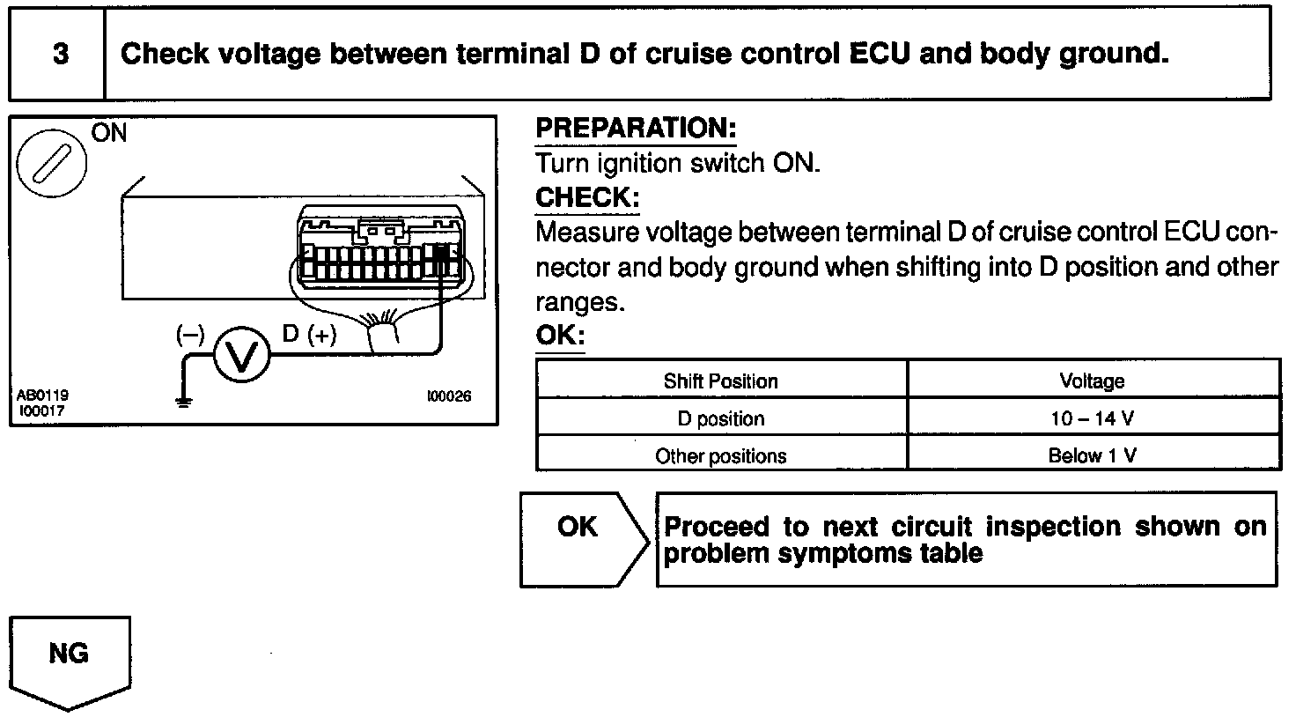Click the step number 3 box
click(x=58, y=55)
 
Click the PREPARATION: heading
click(x=636, y=129)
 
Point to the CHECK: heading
click(x=587, y=197)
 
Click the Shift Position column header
click(x=721, y=381)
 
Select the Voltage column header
click(x=1092, y=381)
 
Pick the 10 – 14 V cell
click(x=1092, y=418)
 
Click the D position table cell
click(x=721, y=418)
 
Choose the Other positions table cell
click(x=721, y=455)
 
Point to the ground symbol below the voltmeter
click(x=183, y=403)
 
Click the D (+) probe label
click(x=309, y=335)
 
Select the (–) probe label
click(x=190, y=335)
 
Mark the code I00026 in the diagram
click(x=449, y=396)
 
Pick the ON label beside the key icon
click(x=108, y=133)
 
